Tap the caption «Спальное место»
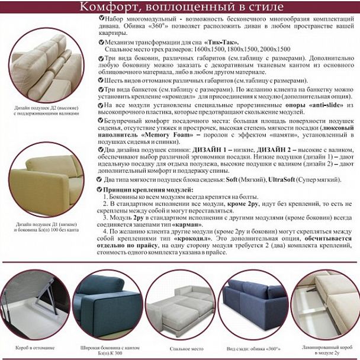pyautogui.click(x=178, y=349)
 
